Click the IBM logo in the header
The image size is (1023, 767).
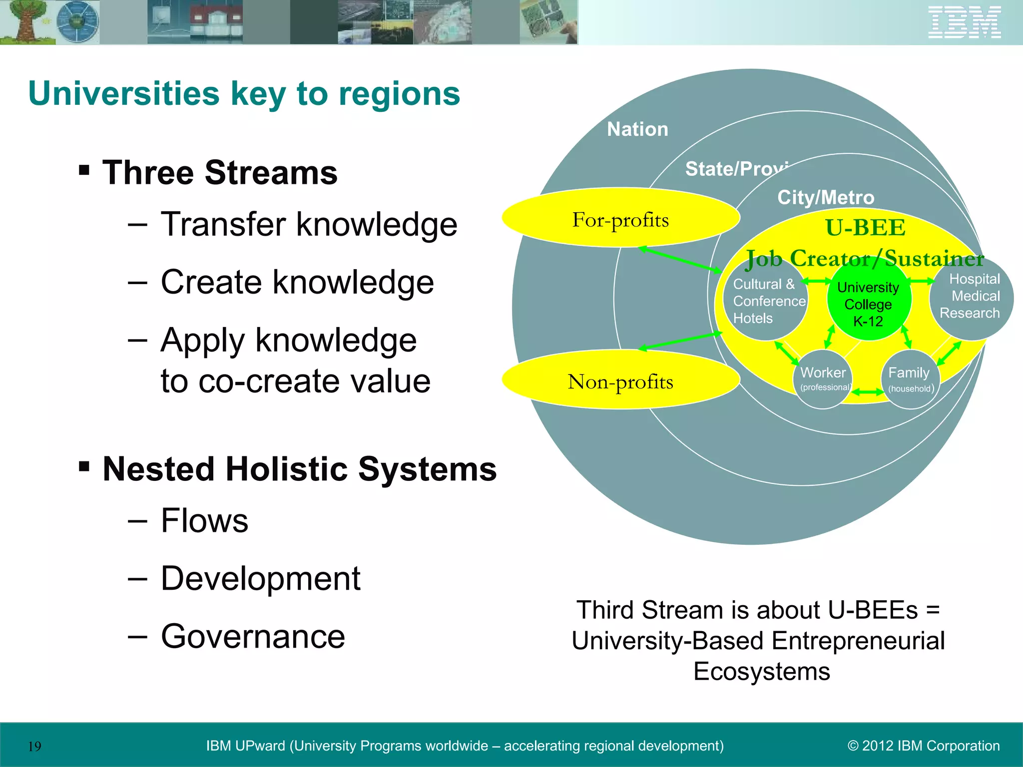click(964, 22)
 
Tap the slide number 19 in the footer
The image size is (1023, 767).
click(34, 747)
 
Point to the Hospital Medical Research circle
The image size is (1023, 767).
click(972, 297)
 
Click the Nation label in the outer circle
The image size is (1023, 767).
click(637, 129)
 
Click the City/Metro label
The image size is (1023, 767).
click(826, 198)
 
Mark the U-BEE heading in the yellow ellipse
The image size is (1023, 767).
click(865, 228)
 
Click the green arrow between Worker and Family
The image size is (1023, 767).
click(868, 392)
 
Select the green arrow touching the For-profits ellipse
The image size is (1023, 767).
click(679, 259)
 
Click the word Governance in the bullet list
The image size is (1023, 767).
click(253, 637)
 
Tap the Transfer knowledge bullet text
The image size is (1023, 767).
click(309, 224)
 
